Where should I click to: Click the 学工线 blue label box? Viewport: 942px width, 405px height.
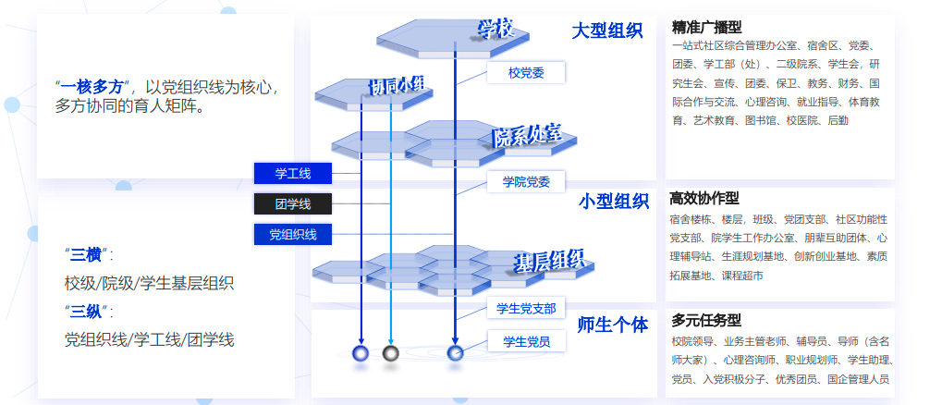point(292,173)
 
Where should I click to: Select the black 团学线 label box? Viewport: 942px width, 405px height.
point(292,203)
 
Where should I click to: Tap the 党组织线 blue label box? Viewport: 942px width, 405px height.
point(292,235)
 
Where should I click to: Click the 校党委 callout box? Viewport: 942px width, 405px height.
point(525,72)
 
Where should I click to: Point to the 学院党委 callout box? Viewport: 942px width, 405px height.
point(525,182)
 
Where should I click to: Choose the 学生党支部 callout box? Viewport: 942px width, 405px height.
point(525,308)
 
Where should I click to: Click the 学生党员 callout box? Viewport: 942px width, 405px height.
point(525,341)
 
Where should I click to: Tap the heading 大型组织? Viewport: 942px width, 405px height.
point(606,31)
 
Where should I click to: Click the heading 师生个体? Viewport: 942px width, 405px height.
point(612,325)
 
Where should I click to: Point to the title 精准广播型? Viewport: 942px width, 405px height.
point(707,27)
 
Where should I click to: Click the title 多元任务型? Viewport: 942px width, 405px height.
point(706,321)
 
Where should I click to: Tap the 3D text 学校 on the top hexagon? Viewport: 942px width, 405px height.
point(495,30)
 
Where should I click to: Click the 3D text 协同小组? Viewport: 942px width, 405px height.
point(397,85)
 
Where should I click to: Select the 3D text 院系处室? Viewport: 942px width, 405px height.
point(527,137)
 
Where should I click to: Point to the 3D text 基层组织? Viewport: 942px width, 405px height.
point(549,262)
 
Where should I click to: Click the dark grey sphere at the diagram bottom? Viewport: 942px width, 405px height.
point(390,352)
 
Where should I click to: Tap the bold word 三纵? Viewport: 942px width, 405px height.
point(87,311)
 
